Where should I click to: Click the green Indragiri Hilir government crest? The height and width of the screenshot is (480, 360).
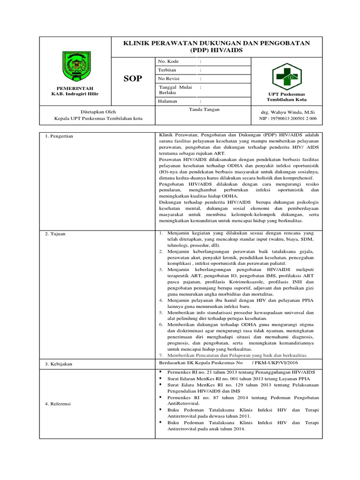point(75,67)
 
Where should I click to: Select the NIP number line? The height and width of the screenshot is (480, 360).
point(288,119)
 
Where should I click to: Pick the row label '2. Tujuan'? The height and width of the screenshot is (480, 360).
point(59,234)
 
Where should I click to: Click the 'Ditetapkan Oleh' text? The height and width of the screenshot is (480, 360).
point(97,112)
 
